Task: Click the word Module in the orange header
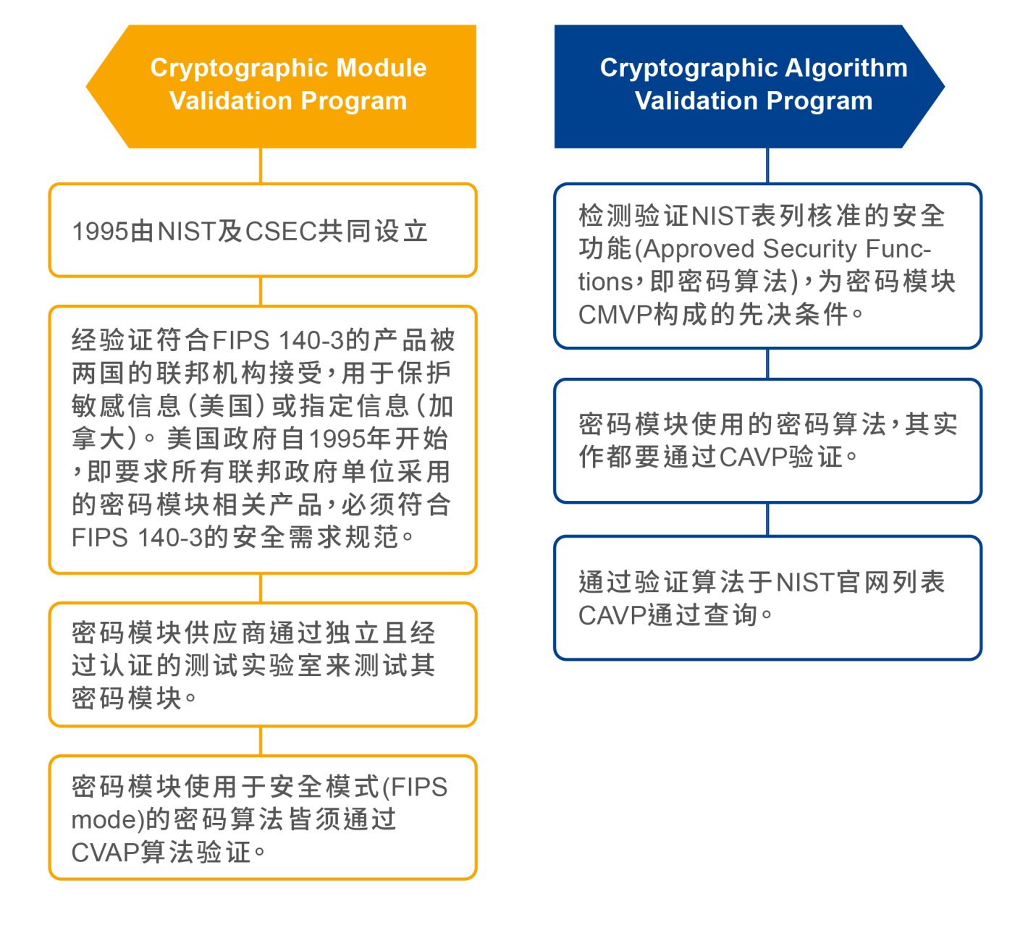(381, 67)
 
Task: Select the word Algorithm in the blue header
(846, 68)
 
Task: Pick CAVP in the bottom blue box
(612, 615)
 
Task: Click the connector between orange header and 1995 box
(261, 166)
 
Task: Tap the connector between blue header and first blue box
(767, 166)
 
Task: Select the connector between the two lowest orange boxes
(261, 740)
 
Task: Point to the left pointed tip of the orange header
(86, 87)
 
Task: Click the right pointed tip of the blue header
(945, 87)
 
